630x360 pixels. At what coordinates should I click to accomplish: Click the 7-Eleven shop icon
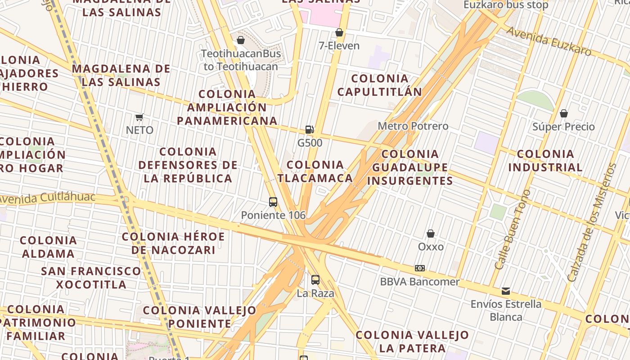click(x=339, y=33)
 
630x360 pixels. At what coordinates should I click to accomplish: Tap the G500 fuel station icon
click(x=310, y=130)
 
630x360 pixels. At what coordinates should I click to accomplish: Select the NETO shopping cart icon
click(x=139, y=117)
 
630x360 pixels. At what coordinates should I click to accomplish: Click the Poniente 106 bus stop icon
click(x=273, y=202)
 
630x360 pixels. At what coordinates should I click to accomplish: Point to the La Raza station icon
click(x=315, y=280)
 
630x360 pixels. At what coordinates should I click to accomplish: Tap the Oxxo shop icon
click(x=431, y=234)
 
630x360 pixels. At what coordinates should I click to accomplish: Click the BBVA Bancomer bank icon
click(x=419, y=268)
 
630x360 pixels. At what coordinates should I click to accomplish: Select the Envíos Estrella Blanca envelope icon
click(x=506, y=291)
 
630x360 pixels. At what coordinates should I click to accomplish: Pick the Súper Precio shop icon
click(x=563, y=113)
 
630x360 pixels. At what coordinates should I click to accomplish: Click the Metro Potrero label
click(x=413, y=126)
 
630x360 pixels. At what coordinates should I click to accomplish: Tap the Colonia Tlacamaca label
click(x=315, y=171)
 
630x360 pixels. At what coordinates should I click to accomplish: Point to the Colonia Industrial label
click(x=545, y=161)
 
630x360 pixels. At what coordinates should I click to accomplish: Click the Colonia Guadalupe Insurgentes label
click(x=410, y=167)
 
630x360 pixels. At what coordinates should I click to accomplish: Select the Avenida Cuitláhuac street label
click(x=47, y=198)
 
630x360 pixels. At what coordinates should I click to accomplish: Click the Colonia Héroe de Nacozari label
click(x=173, y=243)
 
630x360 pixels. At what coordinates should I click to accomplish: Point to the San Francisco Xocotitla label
click(x=91, y=278)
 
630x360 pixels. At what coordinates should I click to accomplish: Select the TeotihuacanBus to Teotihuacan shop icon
click(x=241, y=40)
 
